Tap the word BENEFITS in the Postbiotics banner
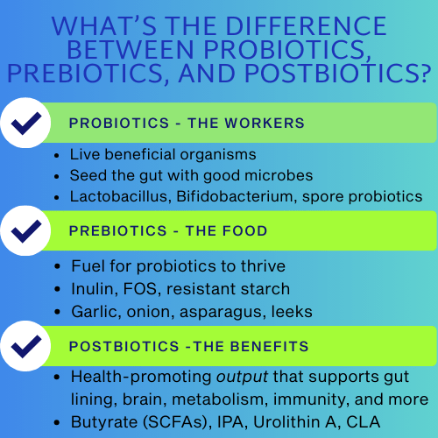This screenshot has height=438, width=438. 267,347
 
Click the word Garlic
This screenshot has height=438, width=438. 94,311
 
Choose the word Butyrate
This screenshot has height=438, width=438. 104,422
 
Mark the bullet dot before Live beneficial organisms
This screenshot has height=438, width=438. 60,153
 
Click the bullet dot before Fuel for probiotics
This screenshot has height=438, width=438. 60,265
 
